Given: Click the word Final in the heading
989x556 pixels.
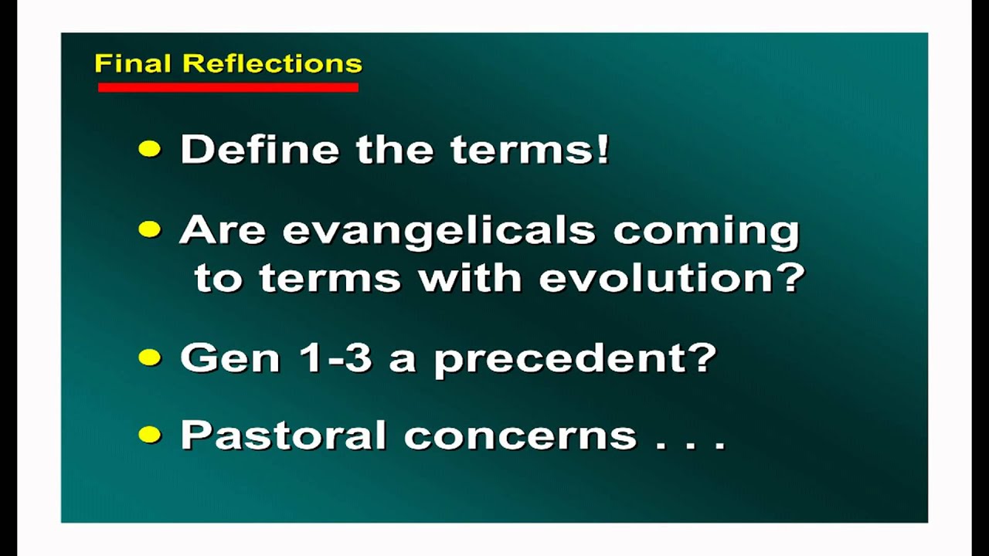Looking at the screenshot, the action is coord(132,63).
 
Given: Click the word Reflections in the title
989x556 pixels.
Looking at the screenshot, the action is coord(273,63).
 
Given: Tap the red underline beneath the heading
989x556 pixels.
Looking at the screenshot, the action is coord(228,87).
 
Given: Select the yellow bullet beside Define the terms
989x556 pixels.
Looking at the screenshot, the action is coord(150,149).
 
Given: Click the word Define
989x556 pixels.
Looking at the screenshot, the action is coord(260,149).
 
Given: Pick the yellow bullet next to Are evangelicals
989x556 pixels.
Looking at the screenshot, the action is coord(150,229).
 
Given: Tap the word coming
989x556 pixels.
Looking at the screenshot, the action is coord(706,232).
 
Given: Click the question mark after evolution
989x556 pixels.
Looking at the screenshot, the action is coord(790,277).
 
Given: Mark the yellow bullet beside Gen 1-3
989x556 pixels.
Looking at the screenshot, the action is coord(150,357).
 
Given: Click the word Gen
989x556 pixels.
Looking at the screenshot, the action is coord(230,358).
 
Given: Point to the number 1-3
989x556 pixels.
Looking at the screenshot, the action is coord(335,358).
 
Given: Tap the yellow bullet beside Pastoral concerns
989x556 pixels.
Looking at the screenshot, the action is coord(150,434).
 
